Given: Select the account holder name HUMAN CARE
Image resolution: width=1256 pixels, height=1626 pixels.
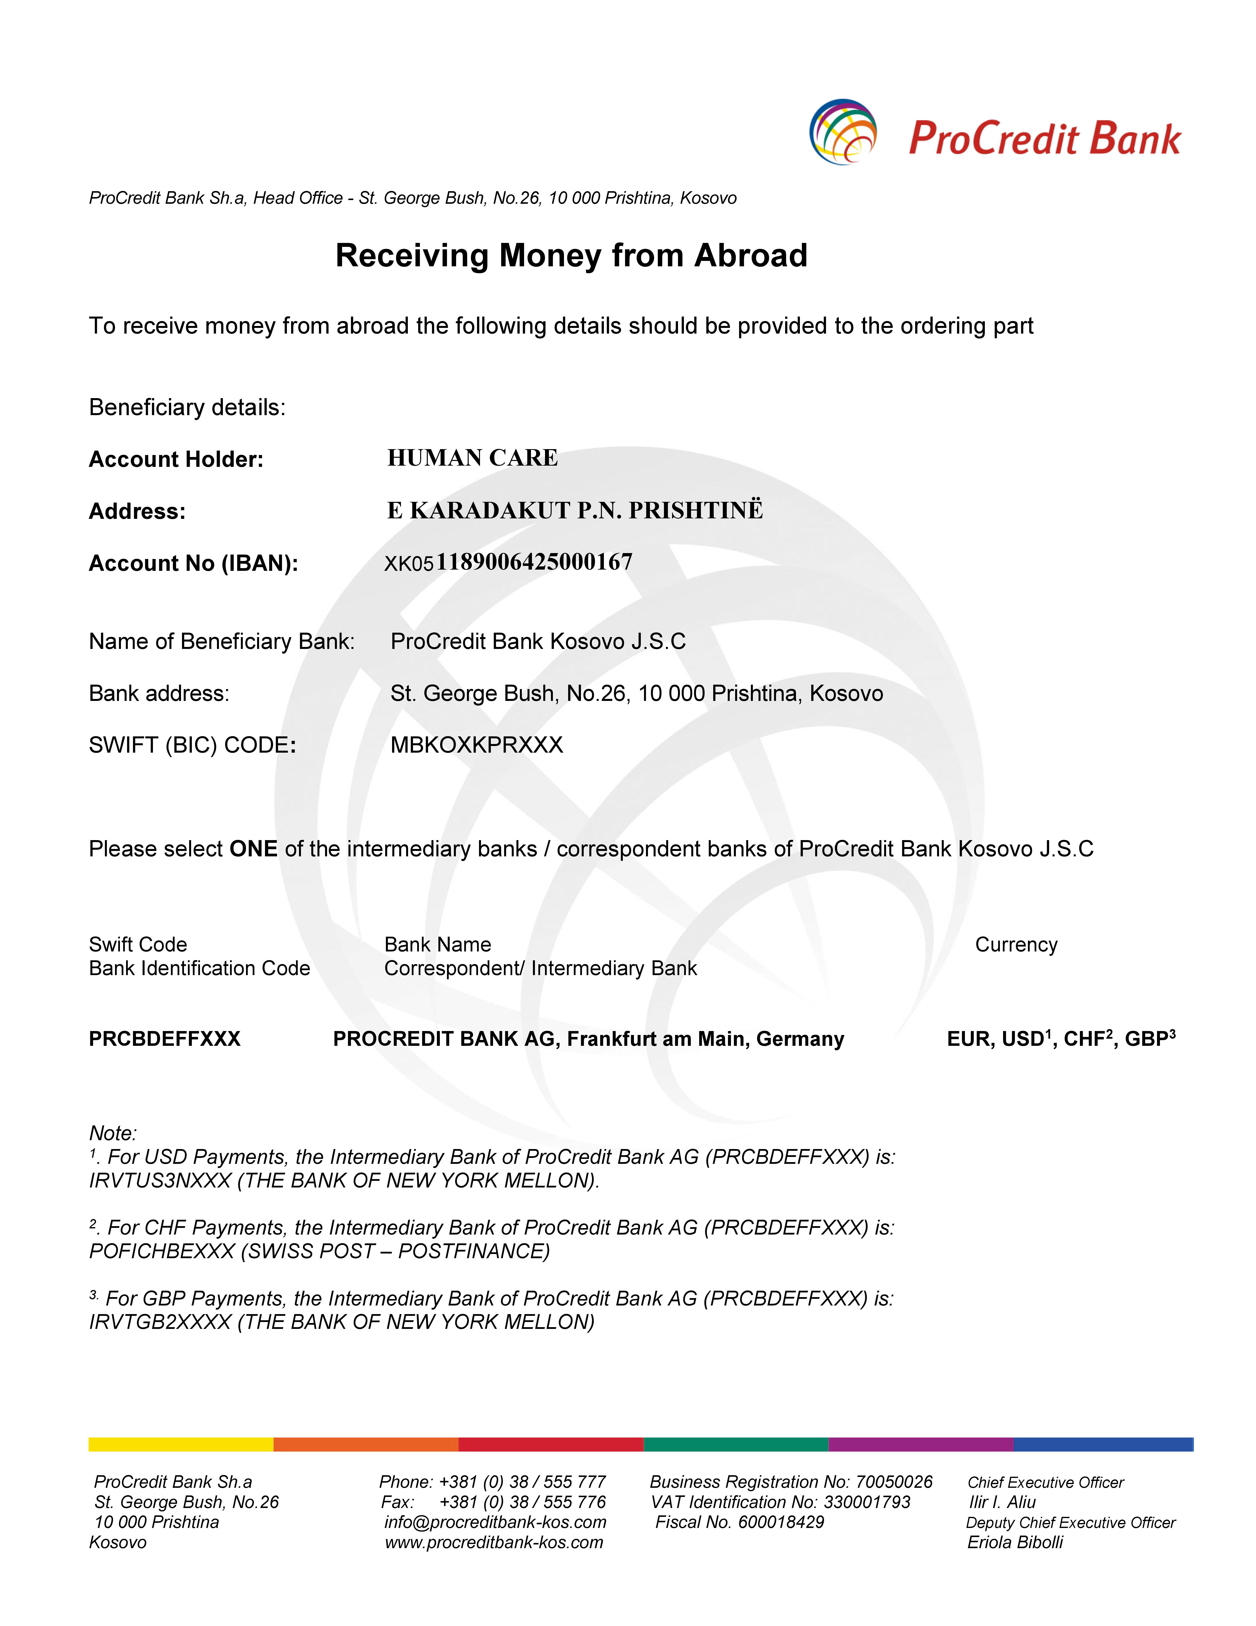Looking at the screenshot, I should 473,458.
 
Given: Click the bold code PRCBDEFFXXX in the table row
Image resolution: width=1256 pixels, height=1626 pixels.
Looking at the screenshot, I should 165,1039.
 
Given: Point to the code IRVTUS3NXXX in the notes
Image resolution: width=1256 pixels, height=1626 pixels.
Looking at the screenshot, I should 160,1181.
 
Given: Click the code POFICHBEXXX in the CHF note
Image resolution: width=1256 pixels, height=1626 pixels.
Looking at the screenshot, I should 162,1252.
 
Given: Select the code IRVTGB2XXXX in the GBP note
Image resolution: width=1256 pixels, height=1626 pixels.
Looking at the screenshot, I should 160,1322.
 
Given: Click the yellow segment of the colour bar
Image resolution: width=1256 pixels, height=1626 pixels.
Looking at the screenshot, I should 181,1444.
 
